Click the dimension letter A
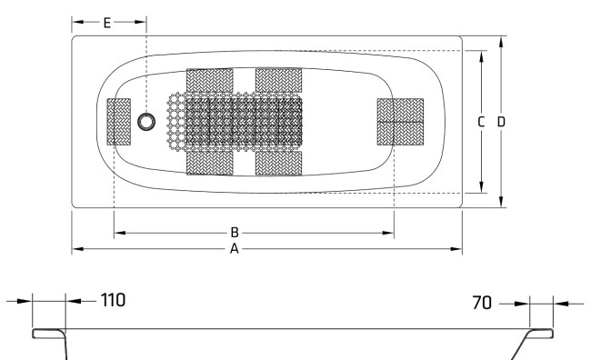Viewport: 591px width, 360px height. (x=234, y=248)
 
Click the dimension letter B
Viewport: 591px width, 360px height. (x=234, y=233)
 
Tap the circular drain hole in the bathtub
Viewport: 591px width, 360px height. (x=146, y=122)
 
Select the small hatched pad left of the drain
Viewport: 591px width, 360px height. (x=119, y=122)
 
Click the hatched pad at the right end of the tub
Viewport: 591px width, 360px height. (x=401, y=121)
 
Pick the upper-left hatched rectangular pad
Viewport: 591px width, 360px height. (x=209, y=80)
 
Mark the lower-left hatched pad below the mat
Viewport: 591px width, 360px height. (x=209, y=163)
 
